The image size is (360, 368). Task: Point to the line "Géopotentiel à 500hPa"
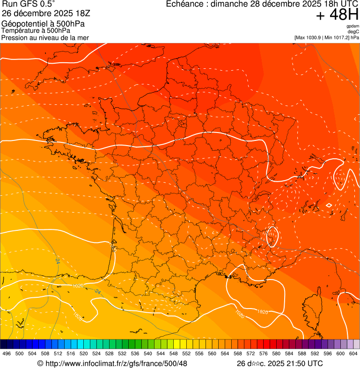[x=43, y=24]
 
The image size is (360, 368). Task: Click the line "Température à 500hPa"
[x=39, y=31]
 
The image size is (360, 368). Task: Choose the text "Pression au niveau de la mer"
[x=45, y=37]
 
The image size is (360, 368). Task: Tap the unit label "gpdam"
[x=353, y=26]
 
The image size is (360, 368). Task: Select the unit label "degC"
[x=353, y=31]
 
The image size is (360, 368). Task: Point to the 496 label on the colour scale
[x=7, y=353]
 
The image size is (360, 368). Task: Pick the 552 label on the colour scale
[x=186, y=353]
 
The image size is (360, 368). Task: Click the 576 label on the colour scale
[x=264, y=353]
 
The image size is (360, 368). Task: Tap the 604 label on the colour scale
[x=353, y=353]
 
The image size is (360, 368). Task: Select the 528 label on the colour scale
[x=110, y=353]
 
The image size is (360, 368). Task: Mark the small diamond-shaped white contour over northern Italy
[x=329, y=205]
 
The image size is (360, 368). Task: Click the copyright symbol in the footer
[x=40, y=363]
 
